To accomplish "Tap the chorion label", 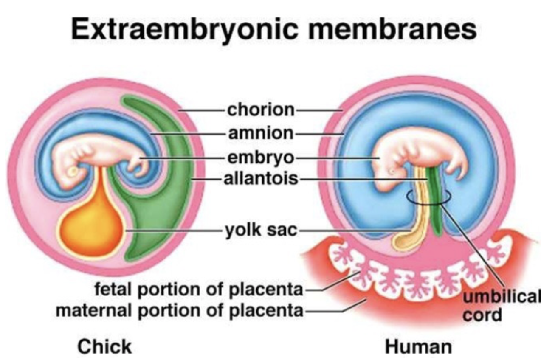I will click(261, 110).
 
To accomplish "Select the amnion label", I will click(261, 133).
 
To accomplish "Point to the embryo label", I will click(261, 157).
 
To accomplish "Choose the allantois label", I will click(261, 179).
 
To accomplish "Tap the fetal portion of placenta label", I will click(199, 290).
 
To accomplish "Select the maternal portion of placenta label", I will click(180, 310).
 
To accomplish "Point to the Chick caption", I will click(104, 346).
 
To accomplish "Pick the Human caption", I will click(418, 346).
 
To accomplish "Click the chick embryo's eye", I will click(74, 171).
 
